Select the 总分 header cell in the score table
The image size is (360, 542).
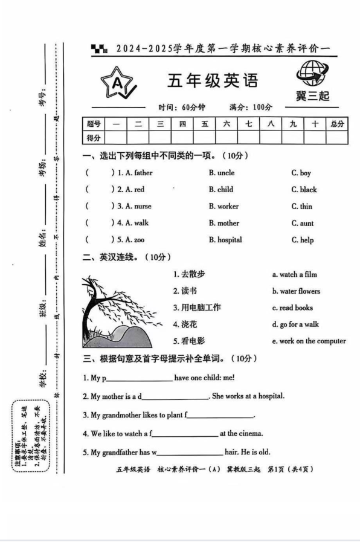click(337, 124)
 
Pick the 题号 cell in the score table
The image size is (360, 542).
click(93, 124)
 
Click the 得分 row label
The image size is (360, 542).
click(93, 138)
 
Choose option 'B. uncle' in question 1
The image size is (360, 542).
click(222, 173)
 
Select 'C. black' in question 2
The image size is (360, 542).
click(304, 190)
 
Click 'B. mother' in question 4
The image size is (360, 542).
click(224, 223)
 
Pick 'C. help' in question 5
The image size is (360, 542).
click(302, 240)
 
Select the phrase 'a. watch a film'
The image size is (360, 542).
click(294, 274)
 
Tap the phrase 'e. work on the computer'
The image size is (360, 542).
click(309, 341)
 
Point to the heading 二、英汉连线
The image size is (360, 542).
click(118, 257)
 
